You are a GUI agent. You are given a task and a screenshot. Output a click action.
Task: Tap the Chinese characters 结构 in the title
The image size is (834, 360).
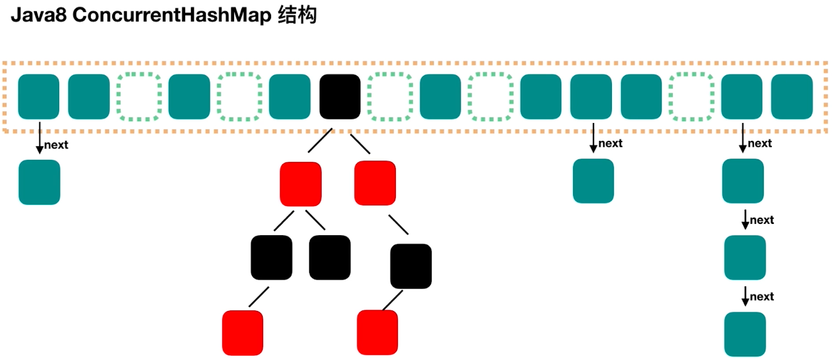pyautogui.click(x=297, y=16)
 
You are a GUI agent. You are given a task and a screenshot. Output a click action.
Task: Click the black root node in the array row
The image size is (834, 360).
pyautogui.click(x=340, y=96)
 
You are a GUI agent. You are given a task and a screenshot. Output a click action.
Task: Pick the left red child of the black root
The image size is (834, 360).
pyautogui.click(x=301, y=184)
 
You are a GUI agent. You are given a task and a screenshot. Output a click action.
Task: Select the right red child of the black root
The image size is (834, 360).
pyautogui.click(x=375, y=183)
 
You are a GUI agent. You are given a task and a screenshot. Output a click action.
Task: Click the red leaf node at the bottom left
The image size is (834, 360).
pyautogui.click(x=243, y=333)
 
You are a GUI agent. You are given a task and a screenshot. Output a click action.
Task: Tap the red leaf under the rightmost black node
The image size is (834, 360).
pyautogui.click(x=377, y=333)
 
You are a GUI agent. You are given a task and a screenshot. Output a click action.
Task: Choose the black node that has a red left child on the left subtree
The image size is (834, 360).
pyautogui.click(x=272, y=257)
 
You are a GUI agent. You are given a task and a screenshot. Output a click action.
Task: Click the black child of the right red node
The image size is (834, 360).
pyautogui.click(x=411, y=266)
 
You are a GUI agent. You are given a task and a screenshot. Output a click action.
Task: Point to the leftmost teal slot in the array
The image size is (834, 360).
pyautogui.click(x=39, y=96)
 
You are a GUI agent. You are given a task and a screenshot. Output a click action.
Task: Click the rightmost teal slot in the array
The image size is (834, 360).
pyautogui.click(x=792, y=96)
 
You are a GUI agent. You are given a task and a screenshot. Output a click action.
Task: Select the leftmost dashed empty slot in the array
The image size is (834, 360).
pyautogui.click(x=139, y=96)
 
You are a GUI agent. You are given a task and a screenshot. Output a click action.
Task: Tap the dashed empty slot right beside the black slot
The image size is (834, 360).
pyautogui.click(x=390, y=96)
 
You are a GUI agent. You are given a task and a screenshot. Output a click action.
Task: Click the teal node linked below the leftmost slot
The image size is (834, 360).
pyautogui.click(x=39, y=182)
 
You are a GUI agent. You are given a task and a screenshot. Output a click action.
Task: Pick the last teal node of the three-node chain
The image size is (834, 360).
pyautogui.click(x=745, y=334)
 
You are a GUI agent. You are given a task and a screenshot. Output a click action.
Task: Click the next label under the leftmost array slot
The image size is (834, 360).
pyautogui.click(x=57, y=146)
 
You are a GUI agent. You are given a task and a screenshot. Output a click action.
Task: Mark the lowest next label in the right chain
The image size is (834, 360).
pyautogui.click(x=762, y=297)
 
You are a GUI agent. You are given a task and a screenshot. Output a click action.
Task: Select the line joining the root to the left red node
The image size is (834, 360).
pyautogui.click(x=319, y=143)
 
